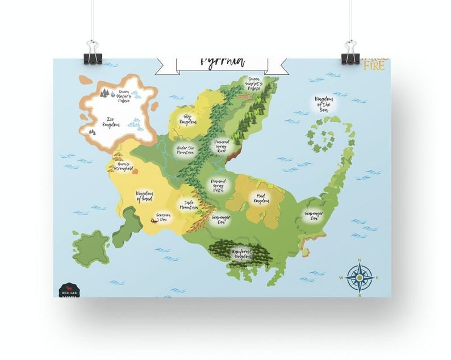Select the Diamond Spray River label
pyautogui.click(x=222, y=146)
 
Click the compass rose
pyautogui.click(x=359, y=278)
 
